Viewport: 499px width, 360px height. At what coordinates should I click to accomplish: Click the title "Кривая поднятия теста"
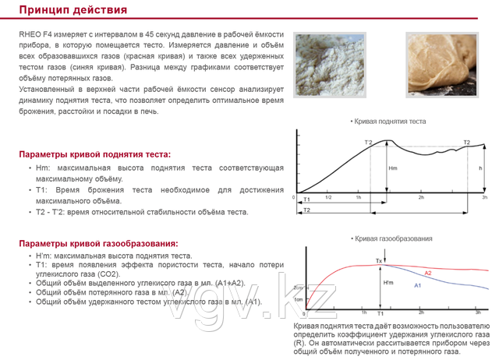pos(390,122)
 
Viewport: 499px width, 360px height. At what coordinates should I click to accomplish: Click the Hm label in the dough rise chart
pos(393,168)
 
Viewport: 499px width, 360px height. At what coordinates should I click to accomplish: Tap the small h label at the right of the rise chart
pos(480,168)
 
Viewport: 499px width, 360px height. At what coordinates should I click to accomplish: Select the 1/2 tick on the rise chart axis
pos(328,198)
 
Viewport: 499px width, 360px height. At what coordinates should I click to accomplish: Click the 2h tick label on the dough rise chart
pos(421,198)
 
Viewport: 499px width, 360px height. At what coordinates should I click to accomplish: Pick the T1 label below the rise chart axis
pos(306,201)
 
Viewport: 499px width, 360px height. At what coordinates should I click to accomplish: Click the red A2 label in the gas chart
pos(428,273)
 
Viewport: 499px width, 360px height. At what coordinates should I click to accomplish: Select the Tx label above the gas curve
pos(379,259)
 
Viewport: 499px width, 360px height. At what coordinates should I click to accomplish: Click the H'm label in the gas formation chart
pos(388,283)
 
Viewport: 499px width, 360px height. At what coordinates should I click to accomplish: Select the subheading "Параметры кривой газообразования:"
pos(99,244)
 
